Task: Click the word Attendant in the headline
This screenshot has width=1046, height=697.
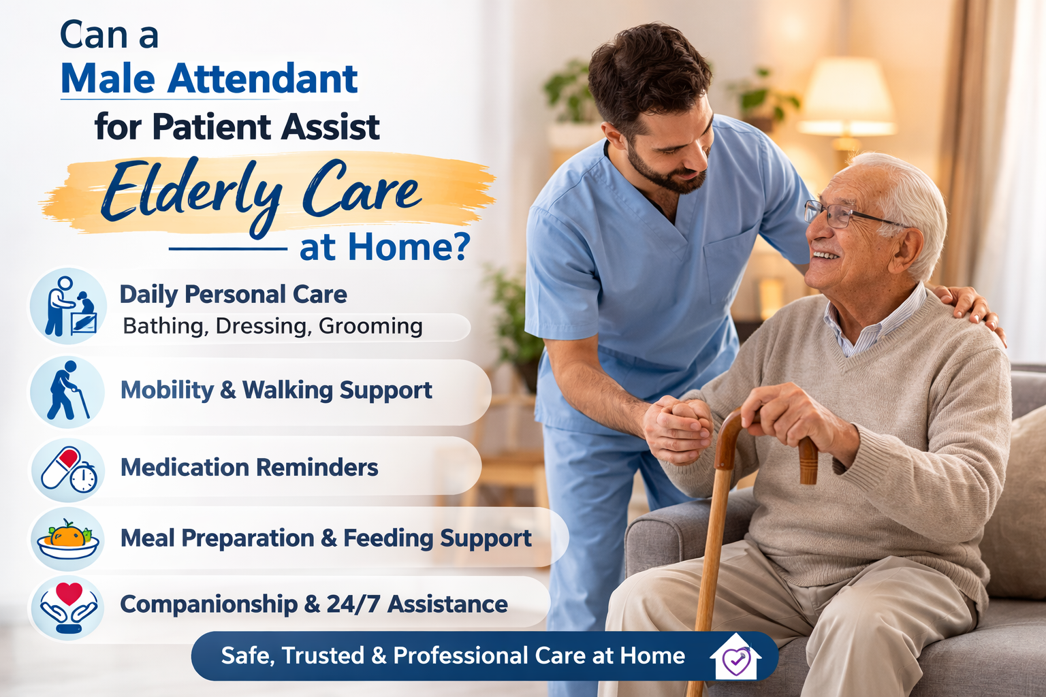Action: (x=262, y=78)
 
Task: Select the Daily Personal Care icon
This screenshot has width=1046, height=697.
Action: (x=68, y=306)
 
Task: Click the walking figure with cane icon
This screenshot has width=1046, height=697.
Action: (x=67, y=391)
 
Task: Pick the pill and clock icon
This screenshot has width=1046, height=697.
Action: (x=68, y=469)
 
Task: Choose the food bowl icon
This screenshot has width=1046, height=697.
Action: (x=68, y=538)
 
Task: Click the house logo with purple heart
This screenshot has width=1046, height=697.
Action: (x=735, y=656)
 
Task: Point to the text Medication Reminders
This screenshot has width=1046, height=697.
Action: (x=249, y=468)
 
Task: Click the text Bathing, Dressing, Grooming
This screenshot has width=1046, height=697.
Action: (x=272, y=326)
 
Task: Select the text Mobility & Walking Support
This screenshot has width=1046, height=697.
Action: (x=276, y=390)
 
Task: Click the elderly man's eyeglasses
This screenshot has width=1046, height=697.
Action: (x=845, y=214)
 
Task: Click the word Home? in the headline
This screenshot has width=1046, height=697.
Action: (x=409, y=248)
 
